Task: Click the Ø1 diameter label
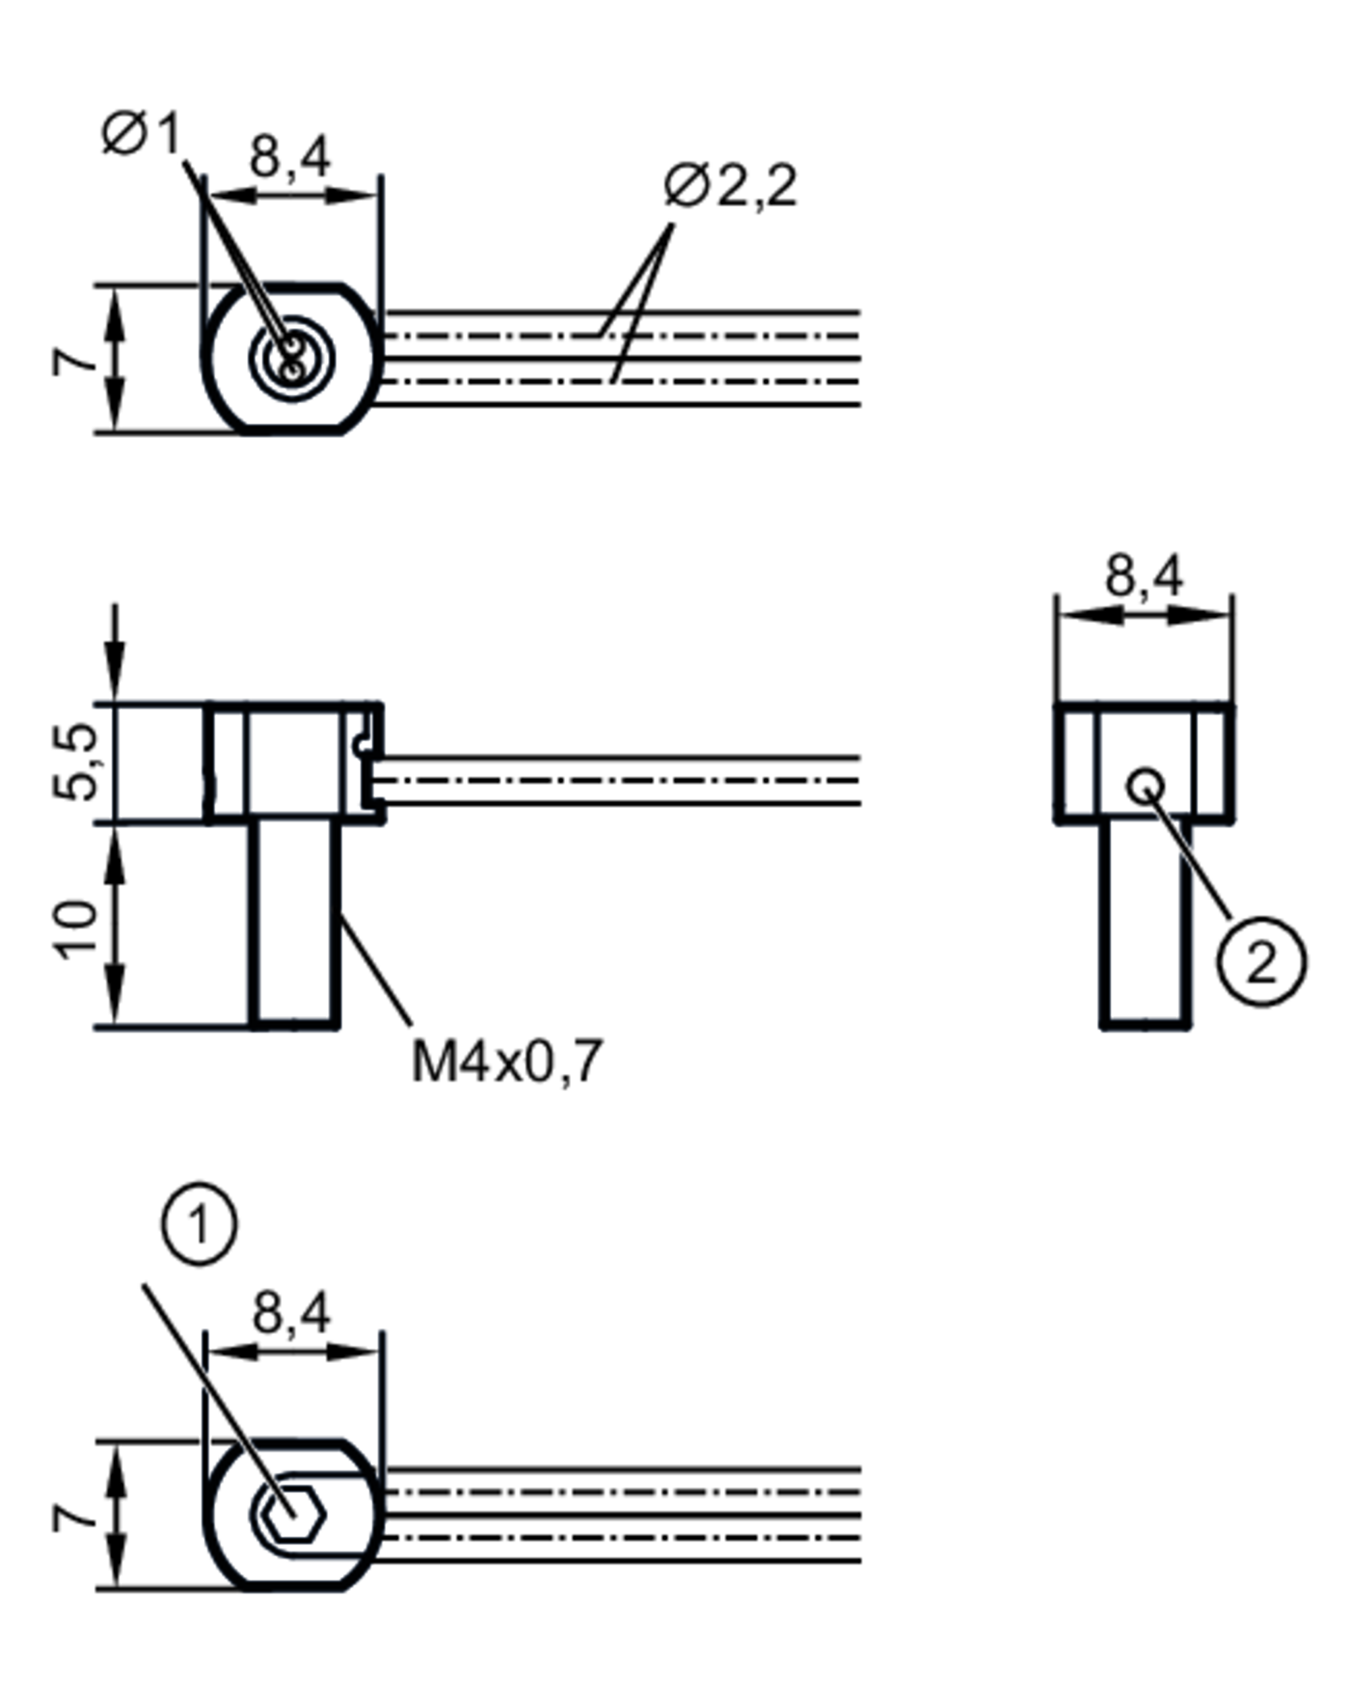click(142, 134)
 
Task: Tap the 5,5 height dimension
click(76, 761)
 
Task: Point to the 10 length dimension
click(76, 930)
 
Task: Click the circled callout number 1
click(199, 1224)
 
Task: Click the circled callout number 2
click(1262, 961)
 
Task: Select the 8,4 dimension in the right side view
click(1143, 576)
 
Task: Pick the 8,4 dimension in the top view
click(290, 157)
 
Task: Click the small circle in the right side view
click(1146, 785)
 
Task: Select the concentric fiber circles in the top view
click(292, 358)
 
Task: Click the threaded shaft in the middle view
click(295, 923)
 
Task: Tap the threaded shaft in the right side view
click(1146, 923)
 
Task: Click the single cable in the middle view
click(620, 781)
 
